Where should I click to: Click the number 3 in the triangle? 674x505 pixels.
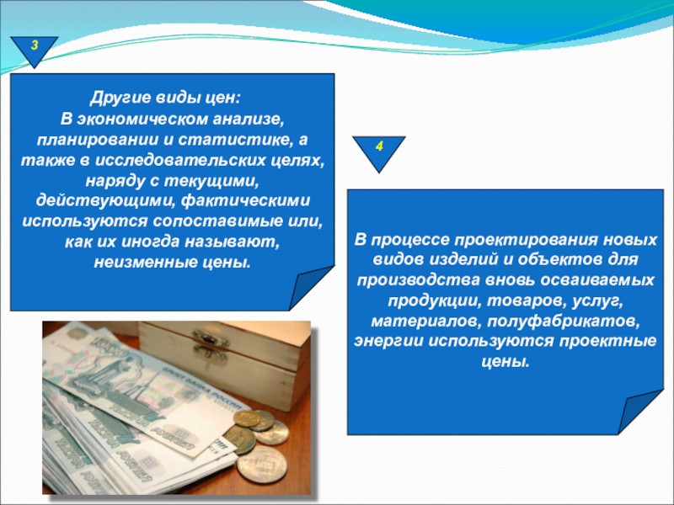click(x=35, y=45)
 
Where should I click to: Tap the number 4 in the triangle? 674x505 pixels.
click(x=379, y=146)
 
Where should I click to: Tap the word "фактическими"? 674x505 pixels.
click(x=245, y=201)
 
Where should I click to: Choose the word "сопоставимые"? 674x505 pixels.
click(x=217, y=221)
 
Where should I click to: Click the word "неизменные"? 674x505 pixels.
click(x=145, y=263)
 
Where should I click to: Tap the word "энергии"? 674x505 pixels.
click(x=388, y=341)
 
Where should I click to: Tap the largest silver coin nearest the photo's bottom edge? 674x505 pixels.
click(x=262, y=465)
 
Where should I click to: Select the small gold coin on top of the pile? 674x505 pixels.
click(x=246, y=418)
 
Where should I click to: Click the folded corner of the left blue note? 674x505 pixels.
click(x=310, y=287)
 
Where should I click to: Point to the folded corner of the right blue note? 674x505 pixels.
click(x=639, y=412)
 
